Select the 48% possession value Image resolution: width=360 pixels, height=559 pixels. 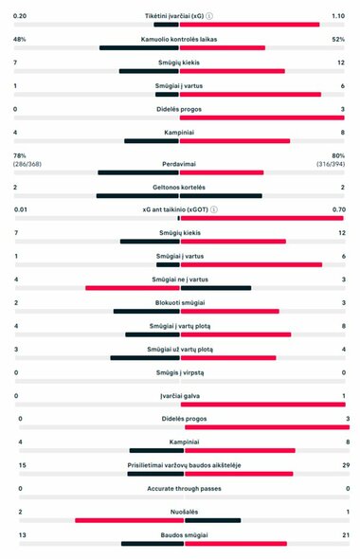pos(19,39)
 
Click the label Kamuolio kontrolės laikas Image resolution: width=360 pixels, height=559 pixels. pos(179,39)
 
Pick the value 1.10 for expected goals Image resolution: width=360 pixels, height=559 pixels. pos(337,16)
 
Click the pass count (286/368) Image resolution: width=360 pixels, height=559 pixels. pos(27,164)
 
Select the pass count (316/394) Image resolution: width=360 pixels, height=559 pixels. pos(332,164)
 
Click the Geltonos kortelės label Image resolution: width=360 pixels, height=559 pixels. pos(179,187)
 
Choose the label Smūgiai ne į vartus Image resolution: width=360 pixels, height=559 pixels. pos(179,279)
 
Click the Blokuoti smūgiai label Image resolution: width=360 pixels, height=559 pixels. pos(179,302)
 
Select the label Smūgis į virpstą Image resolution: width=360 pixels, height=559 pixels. pos(179,372)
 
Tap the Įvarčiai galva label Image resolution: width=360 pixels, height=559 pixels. pos(179,395)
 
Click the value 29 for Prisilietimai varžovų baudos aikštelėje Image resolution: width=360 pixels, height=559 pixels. pos(344,465)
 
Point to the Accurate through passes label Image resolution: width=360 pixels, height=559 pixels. pos(179,488)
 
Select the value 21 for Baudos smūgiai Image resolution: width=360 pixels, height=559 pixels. pos(344,535)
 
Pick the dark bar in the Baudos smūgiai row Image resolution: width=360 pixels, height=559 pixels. pos(151,544)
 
